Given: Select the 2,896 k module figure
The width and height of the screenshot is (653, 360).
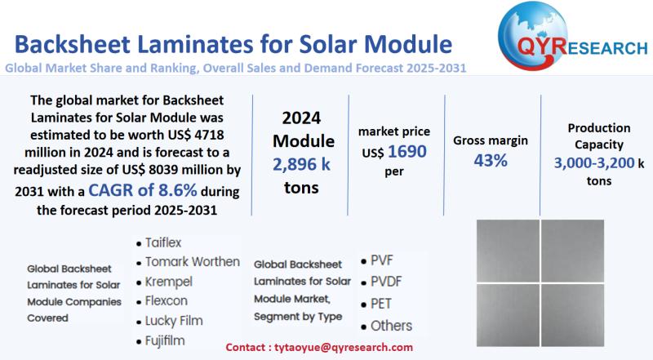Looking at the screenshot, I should [302, 165].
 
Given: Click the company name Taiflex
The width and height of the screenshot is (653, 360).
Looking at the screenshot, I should [169, 243].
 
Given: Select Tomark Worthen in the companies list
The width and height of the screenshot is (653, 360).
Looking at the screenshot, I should [192, 262].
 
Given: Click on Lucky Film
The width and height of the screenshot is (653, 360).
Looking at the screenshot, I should [174, 321].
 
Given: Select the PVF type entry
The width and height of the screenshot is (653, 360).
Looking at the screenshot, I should [381, 262].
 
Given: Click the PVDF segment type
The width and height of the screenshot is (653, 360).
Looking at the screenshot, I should [386, 282].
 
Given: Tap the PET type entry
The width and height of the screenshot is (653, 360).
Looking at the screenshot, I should [381, 304].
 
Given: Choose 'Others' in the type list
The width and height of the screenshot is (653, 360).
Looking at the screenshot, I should [391, 326].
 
